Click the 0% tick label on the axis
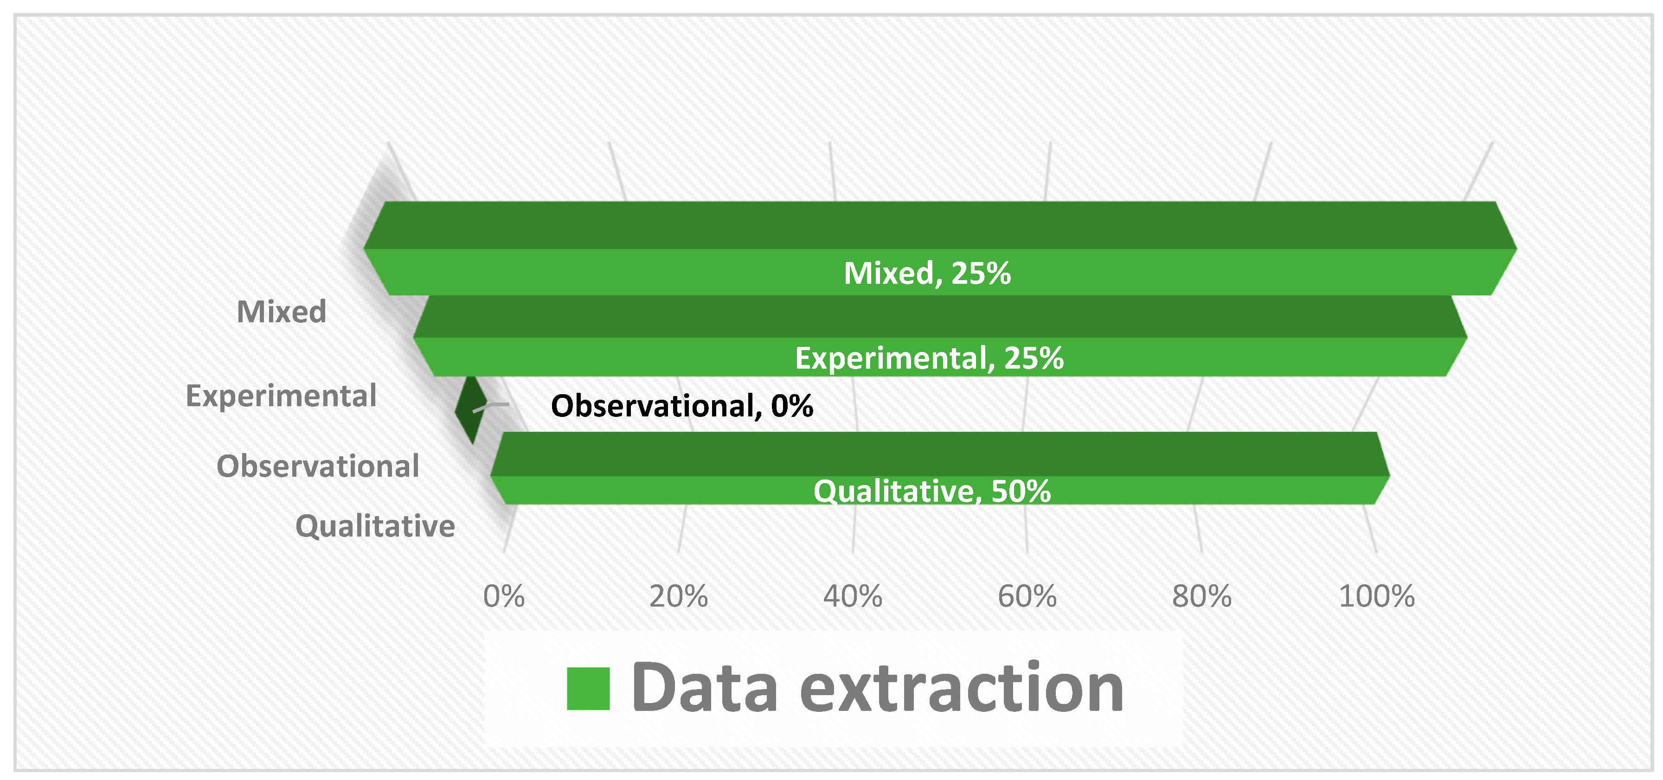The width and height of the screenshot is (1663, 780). pos(504,596)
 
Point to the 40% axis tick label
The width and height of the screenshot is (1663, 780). pos(852,596)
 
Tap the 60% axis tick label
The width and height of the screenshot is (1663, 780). pos(1027,596)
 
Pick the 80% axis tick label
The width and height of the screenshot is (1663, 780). pos(1201,596)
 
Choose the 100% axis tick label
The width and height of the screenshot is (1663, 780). pos(1376,596)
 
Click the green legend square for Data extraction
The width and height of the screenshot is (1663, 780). pos(588,688)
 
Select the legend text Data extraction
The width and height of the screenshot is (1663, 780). pos(877,688)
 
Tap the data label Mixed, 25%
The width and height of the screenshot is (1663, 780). pos(927,273)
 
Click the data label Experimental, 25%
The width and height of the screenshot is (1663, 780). pos(929,358)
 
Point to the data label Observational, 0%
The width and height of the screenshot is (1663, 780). pos(682,406)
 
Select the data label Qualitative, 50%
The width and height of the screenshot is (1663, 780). pos(931,491)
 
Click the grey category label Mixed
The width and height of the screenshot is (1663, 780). pos(282,312)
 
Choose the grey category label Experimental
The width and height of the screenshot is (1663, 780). pos(281,396)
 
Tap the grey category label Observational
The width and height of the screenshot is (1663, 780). pos(318,466)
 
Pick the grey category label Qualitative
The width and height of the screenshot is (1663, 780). pos(375,526)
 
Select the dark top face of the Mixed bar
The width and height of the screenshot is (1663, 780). pos(940,225)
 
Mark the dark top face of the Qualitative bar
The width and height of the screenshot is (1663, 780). pos(940,454)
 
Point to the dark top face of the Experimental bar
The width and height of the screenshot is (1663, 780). pos(940,316)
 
